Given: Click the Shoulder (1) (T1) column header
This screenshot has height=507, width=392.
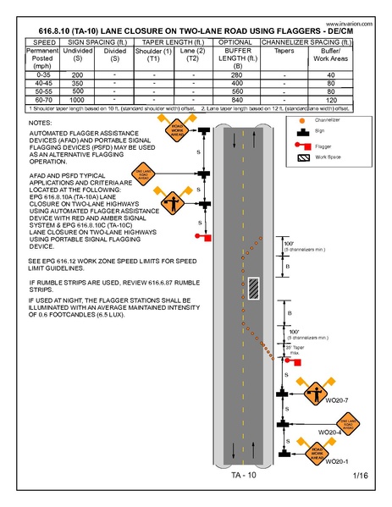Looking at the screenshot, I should pyautogui.click(x=153, y=57).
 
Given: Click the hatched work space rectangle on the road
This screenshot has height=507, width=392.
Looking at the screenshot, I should pyautogui.click(x=252, y=288).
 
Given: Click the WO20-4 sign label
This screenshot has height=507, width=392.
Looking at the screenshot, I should pyautogui.click(x=329, y=432).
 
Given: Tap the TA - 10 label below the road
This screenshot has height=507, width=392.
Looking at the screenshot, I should pyautogui.click(x=244, y=476).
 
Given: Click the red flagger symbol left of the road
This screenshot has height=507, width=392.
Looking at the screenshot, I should pyautogui.click(x=198, y=236).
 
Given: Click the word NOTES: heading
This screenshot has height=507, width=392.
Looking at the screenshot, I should pyautogui.click(x=40, y=123).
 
